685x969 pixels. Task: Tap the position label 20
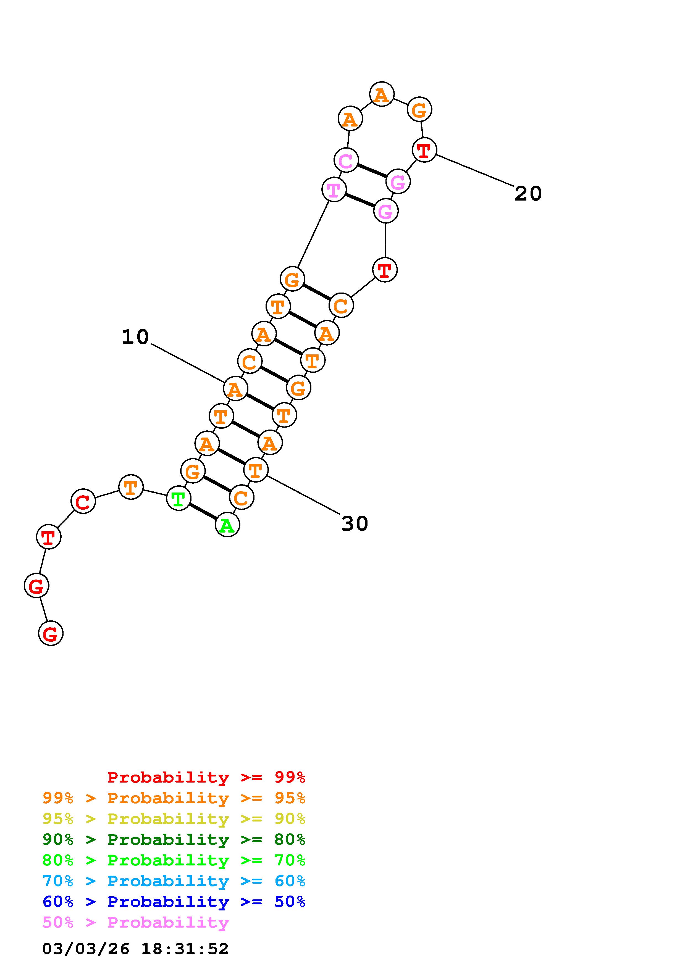(x=528, y=194)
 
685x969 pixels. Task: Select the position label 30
(x=355, y=524)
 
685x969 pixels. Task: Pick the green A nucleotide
(x=227, y=525)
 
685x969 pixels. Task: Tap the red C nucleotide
(x=83, y=501)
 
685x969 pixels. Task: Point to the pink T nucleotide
(x=334, y=189)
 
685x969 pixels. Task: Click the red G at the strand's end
(x=51, y=633)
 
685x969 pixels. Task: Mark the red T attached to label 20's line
(x=424, y=149)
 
